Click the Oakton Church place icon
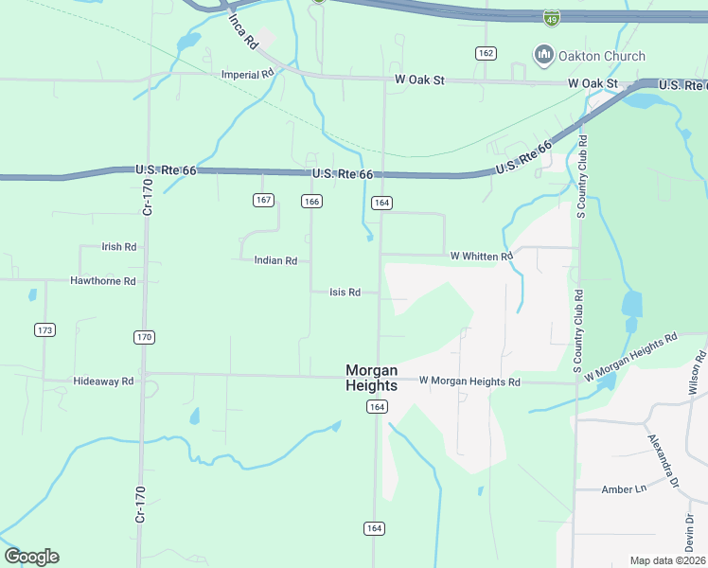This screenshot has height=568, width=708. (544, 56)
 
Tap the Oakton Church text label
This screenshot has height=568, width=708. (602, 56)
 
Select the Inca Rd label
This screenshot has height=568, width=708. (242, 32)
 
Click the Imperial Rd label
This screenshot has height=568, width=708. (246, 75)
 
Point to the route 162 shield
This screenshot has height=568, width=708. (487, 53)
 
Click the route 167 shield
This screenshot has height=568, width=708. (264, 200)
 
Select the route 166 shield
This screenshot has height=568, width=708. (311, 201)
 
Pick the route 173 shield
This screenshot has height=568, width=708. (44, 329)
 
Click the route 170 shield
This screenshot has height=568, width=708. (144, 337)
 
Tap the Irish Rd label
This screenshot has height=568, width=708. (119, 247)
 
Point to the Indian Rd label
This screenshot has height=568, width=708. (275, 260)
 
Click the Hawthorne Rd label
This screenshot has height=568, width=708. (103, 281)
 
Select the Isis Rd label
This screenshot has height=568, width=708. (345, 293)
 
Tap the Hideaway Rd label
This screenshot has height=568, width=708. (103, 381)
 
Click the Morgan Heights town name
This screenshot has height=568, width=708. (371, 378)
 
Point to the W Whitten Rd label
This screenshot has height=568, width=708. (481, 256)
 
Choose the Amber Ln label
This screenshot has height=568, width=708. (623, 489)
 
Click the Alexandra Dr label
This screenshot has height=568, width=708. (663, 461)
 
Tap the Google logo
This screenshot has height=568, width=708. (31, 557)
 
